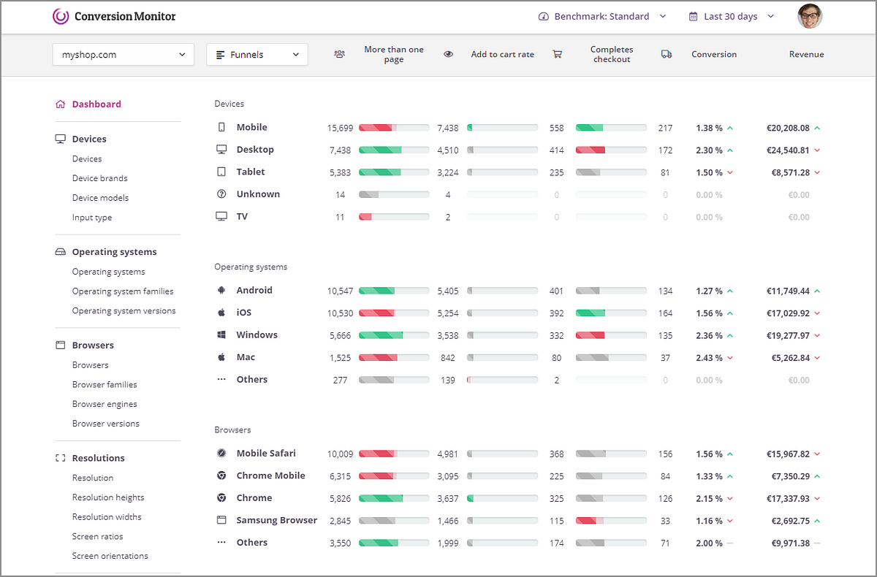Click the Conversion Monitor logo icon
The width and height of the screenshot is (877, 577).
(x=61, y=16)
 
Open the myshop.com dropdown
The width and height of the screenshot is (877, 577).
(x=123, y=55)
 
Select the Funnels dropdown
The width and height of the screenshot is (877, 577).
(x=257, y=55)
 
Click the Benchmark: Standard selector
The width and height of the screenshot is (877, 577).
(x=602, y=16)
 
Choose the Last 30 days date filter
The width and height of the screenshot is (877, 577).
(x=731, y=16)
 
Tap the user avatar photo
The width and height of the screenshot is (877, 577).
(x=810, y=16)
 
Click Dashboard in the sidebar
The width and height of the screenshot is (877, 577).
(x=96, y=104)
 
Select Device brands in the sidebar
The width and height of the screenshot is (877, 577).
(x=99, y=178)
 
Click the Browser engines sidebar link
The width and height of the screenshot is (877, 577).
(x=105, y=404)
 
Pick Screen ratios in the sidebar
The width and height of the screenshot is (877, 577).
(x=97, y=536)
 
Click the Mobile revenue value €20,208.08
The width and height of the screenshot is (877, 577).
(x=788, y=128)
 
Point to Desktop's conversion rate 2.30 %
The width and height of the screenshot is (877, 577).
(x=709, y=150)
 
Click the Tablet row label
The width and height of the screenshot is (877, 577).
(x=251, y=172)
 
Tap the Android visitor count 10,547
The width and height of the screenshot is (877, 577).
(x=340, y=291)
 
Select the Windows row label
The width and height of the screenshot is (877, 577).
(x=257, y=335)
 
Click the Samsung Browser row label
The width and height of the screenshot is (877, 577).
(x=276, y=521)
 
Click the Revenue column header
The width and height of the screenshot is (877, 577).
(x=806, y=55)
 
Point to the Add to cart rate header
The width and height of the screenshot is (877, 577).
(x=502, y=55)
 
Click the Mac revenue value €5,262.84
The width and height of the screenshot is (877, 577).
(x=788, y=359)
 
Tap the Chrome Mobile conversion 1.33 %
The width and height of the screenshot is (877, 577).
(x=709, y=477)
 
